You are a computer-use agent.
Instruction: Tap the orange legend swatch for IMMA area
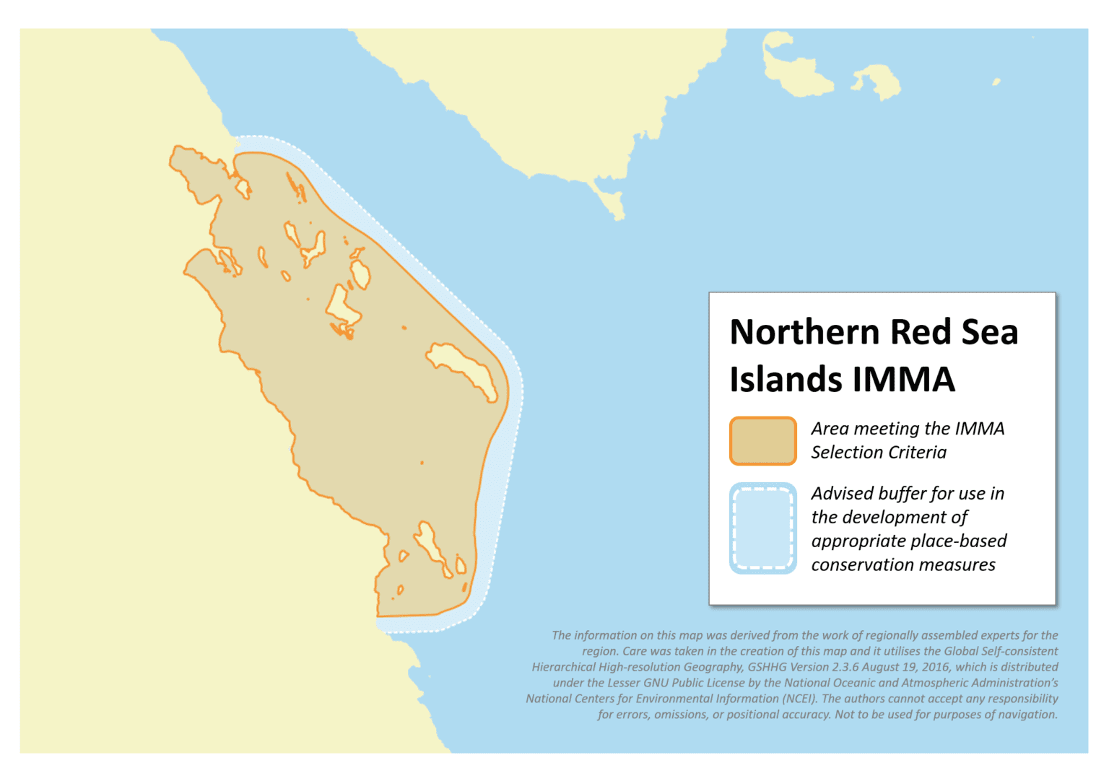tap(762, 440)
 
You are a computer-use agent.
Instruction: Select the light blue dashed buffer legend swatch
tap(762, 528)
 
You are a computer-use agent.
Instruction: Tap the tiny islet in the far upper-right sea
tap(996, 82)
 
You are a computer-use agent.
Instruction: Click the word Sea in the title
tap(989, 333)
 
